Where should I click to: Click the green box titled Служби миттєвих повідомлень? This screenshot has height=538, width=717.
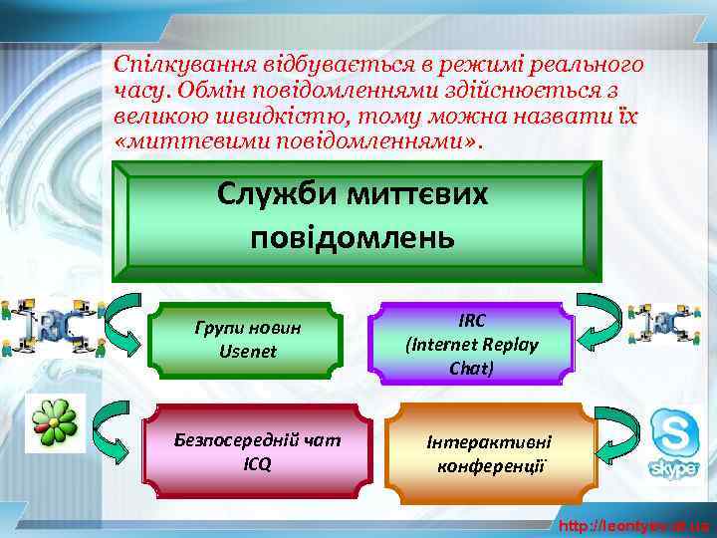354,218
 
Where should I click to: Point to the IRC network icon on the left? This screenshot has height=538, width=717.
49,325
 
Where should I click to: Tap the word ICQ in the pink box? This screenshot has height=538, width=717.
256,463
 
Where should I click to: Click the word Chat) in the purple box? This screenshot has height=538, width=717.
471,367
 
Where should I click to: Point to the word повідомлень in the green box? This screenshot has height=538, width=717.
353,238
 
